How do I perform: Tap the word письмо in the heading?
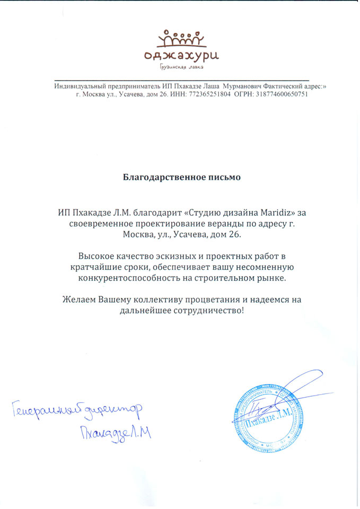(224, 177)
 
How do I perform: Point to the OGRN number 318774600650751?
(282, 94)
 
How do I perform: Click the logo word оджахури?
(181, 54)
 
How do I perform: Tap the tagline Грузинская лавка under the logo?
(181, 67)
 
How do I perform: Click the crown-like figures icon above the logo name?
(182, 38)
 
